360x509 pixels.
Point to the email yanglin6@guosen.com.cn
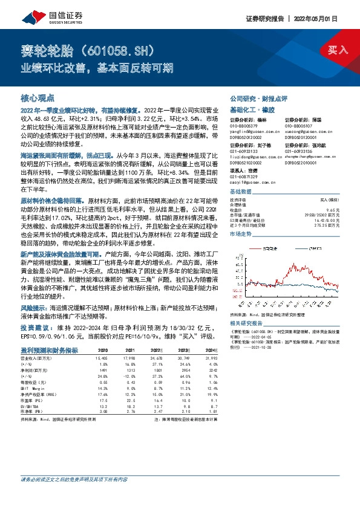254,130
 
